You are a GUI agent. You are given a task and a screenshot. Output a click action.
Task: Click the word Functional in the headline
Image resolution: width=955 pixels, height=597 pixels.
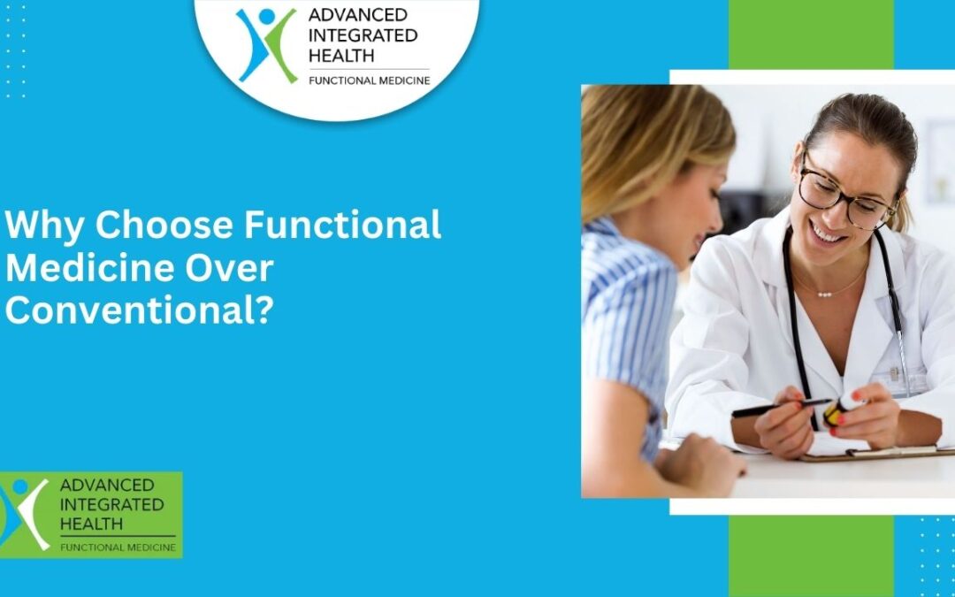[x=342, y=226]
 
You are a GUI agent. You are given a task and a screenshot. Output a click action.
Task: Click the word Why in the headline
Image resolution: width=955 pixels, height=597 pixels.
[x=44, y=226]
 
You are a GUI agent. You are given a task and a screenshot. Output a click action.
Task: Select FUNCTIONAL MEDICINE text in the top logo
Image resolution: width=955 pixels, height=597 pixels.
[x=369, y=80]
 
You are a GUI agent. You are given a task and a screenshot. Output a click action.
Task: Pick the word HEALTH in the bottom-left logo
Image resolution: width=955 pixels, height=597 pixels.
[x=90, y=524]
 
